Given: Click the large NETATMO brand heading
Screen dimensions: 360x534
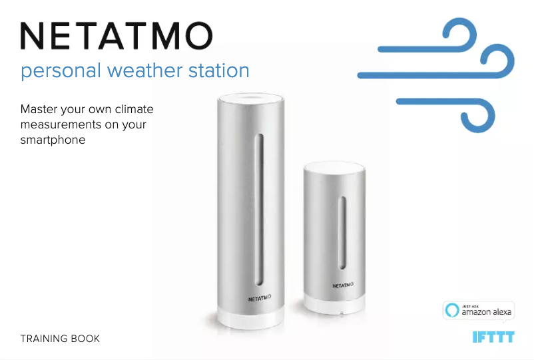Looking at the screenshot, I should (x=117, y=35).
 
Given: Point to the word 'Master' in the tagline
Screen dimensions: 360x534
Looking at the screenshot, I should (x=39, y=109).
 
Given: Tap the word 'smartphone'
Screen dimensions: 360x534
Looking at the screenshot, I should (x=53, y=140).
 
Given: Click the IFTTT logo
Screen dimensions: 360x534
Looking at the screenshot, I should (x=493, y=337).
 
